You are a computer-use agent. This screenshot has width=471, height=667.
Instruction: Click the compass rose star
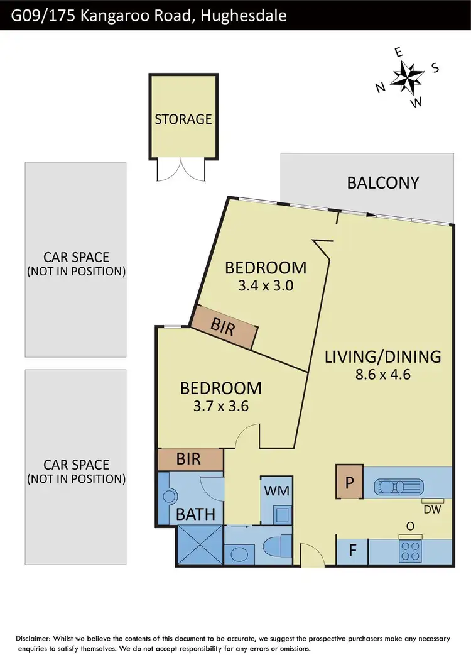pyautogui.click(x=408, y=77)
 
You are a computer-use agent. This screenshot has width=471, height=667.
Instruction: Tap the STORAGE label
pyautogui.click(x=183, y=119)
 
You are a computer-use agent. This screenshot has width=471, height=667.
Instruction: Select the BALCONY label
pyautogui.click(x=382, y=183)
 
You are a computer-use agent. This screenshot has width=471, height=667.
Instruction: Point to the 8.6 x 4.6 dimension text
pyautogui.click(x=382, y=377)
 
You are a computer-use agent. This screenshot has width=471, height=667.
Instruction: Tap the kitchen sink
pyautogui.click(x=399, y=487)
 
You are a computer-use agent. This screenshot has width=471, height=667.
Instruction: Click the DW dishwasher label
pyautogui.click(x=432, y=510)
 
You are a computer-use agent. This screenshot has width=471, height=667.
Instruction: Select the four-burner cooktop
pyautogui.click(x=411, y=551)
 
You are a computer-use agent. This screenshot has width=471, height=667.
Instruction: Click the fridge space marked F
pyautogui.click(x=352, y=551)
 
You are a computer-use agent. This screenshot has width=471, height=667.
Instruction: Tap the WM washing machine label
pyautogui.click(x=276, y=490)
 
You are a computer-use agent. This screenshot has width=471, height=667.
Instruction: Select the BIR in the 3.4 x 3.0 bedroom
pyautogui.click(x=224, y=328)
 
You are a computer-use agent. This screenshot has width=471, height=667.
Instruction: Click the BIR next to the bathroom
pyautogui.click(x=188, y=459)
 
